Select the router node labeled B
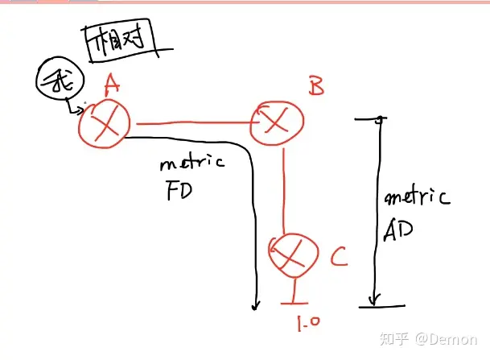278,122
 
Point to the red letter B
316,86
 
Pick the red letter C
339,258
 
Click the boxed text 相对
118,39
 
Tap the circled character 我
55,82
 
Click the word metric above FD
191,163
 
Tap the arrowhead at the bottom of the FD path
257,304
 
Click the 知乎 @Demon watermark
438,339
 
